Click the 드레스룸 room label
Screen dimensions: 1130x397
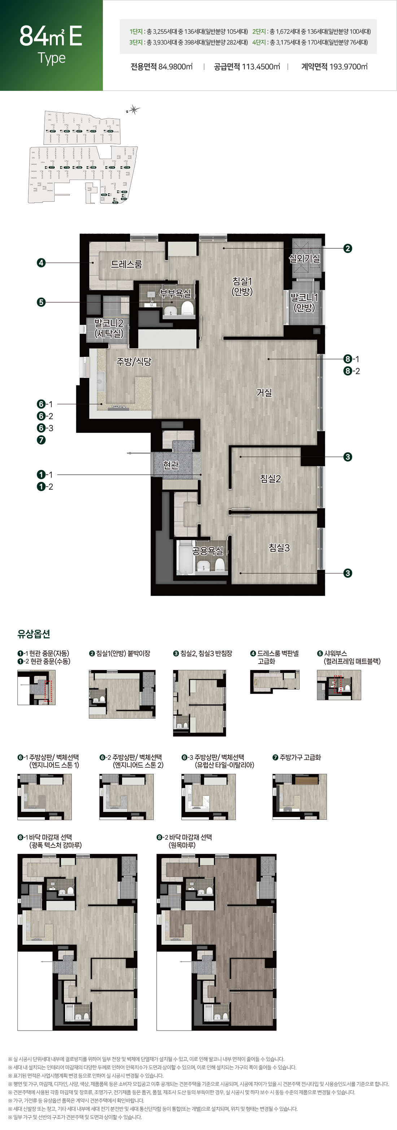pos(126,264)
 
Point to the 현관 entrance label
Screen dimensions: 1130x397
pos(171,465)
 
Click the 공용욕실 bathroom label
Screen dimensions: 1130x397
pos(208,550)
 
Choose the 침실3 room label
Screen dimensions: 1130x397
pos(279,548)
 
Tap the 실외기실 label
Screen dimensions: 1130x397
pos(304,258)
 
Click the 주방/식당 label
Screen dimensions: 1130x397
pos(134,362)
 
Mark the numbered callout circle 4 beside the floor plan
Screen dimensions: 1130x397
pos(41,263)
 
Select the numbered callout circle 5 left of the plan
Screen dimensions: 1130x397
pos(41,302)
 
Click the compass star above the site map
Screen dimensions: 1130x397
pos(134,110)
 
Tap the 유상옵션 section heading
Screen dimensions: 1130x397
pos(33,634)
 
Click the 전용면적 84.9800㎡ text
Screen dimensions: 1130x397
pos(161,67)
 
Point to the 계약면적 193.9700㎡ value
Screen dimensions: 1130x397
pos(334,67)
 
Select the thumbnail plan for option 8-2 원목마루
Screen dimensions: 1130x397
pos(217,942)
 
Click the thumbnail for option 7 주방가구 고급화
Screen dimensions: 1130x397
pos(300,796)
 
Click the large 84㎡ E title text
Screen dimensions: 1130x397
pos(51,36)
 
